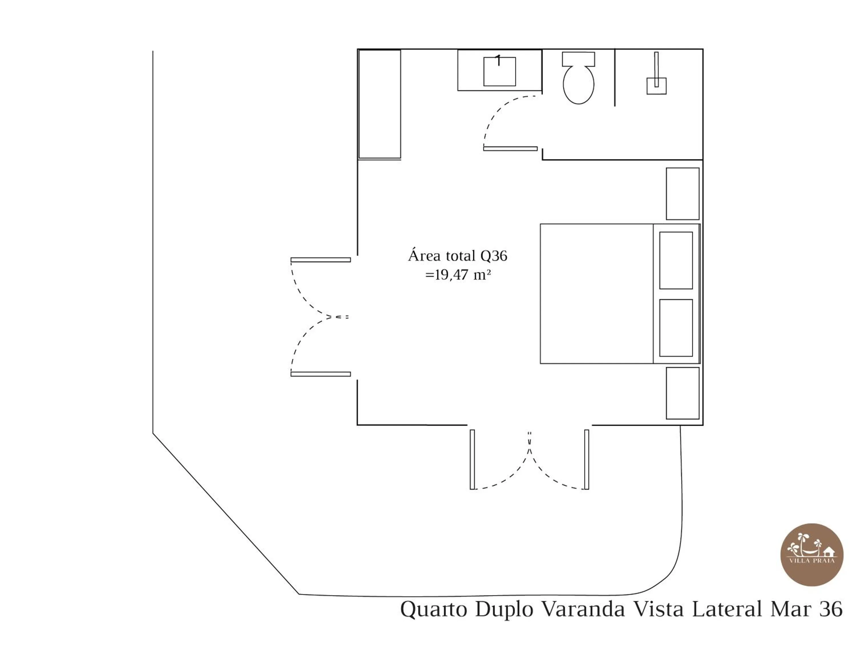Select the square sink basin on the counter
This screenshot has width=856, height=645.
tap(499, 72)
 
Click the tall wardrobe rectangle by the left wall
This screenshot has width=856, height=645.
tap(379, 104)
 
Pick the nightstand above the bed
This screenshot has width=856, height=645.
tap(682, 193)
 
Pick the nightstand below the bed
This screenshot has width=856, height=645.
tap(682, 393)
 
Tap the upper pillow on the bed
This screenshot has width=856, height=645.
tap(676, 260)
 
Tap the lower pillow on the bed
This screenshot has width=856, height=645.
tap(676, 328)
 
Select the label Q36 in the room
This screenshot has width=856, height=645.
tap(493, 256)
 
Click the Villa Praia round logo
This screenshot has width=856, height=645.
tap(811, 555)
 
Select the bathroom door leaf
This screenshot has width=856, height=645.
tap(510, 149)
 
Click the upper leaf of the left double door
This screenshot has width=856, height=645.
tap(320, 260)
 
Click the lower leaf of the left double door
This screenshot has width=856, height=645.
tap(320, 374)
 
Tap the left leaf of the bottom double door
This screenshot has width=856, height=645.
tap(472, 459)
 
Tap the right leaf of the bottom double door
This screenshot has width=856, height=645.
tap(587, 459)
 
